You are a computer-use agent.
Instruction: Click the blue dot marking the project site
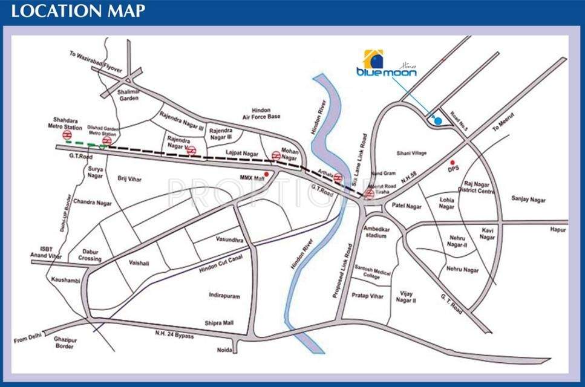coord(439,122)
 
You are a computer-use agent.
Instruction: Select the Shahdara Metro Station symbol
coord(68,136)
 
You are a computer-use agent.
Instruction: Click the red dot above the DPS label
coord(452,162)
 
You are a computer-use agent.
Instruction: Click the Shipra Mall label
coord(219,322)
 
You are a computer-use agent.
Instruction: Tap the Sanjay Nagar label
coord(529,198)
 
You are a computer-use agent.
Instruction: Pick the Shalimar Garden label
coord(129,94)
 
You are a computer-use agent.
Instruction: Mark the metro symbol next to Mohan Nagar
coord(276,155)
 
